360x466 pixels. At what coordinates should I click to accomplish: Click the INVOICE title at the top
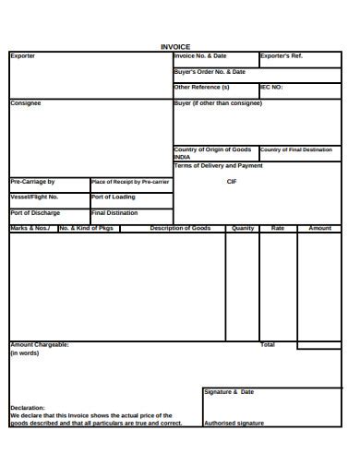click(x=175, y=46)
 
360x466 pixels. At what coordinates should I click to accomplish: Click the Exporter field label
click(x=23, y=56)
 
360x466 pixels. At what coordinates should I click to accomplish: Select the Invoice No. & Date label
click(x=200, y=56)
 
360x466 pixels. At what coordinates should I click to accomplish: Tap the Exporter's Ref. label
click(x=282, y=56)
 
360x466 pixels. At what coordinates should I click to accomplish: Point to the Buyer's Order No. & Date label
click(x=210, y=71)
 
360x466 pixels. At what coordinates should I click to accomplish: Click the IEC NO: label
click(x=271, y=87)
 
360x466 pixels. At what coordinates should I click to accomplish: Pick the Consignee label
click(x=26, y=103)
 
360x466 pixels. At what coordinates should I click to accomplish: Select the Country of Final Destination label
click(x=295, y=149)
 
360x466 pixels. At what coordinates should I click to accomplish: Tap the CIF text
click(x=232, y=182)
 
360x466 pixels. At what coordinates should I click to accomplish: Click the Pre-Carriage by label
click(x=32, y=182)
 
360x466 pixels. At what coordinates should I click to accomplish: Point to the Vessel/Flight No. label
click(x=34, y=197)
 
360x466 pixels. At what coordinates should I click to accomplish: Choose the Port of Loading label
click(x=114, y=197)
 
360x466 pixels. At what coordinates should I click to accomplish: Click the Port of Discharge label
click(x=35, y=212)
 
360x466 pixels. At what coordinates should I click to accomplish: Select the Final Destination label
click(x=114, y=212)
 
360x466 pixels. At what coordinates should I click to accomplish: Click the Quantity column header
click(x=243, y=228)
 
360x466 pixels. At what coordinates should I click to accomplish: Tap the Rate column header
click(x=278, y=228)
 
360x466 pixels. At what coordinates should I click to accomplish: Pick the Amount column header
click(x=319, y=228)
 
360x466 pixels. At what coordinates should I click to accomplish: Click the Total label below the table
click(x=268, y=344)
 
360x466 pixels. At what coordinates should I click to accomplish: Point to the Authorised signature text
click(x=234, y=423)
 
